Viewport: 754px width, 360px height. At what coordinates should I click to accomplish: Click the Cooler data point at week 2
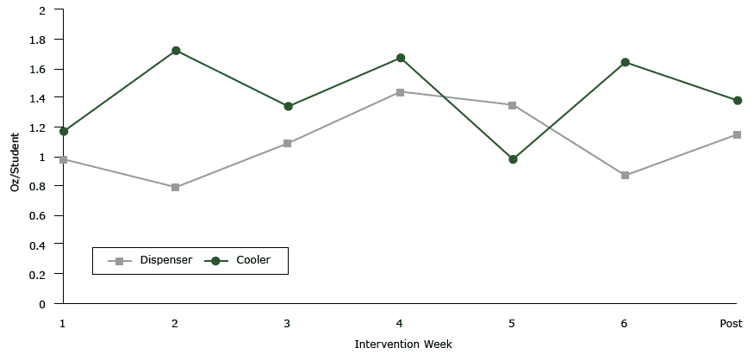(176, 51)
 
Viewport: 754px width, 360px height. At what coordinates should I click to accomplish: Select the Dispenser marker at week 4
(401, 92)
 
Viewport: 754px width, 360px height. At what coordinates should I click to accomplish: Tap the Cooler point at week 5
(513, 159)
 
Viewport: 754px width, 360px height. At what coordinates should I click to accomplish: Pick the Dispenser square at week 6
(625, 176)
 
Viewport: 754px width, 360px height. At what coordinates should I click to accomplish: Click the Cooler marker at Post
(737, 101)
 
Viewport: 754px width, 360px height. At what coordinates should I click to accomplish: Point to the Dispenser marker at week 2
(176, 188)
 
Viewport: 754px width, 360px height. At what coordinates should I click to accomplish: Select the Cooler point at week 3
(288, 107)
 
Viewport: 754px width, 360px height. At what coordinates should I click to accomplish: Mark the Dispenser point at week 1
(64, 159)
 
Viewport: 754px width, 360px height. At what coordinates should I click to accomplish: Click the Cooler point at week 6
(625, 62)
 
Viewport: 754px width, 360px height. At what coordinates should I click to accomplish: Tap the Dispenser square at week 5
(513, 105)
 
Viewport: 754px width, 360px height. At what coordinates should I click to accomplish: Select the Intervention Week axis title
(403, 344)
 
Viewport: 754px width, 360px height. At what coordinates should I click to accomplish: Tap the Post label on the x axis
(732, 323)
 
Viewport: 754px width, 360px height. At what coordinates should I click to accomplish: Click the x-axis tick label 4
(400, 323)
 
